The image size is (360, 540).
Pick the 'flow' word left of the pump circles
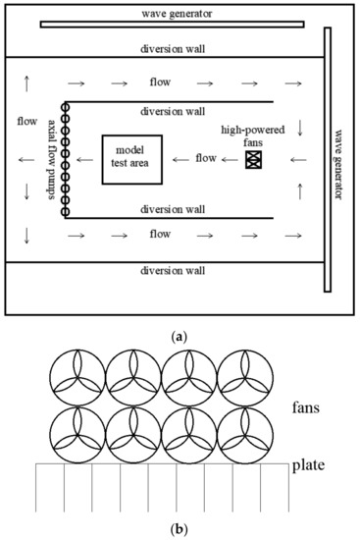click(x=28, y=123)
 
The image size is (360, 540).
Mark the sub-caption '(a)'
click(x=179, y=336)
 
